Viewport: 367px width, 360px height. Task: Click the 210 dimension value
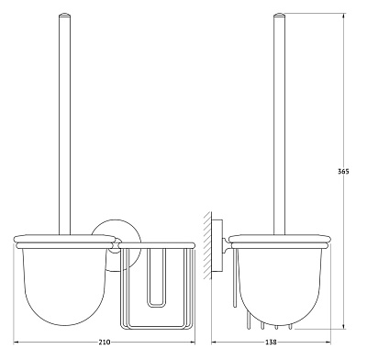click(105, 343)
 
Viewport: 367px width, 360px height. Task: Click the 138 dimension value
click(272, 343)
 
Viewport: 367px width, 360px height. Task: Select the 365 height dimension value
click(343, 172)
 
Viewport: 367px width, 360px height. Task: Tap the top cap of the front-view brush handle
click(64, 14)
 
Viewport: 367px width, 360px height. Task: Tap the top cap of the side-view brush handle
click(279, 14)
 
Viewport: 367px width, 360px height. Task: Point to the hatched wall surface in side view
click(206, 245)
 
